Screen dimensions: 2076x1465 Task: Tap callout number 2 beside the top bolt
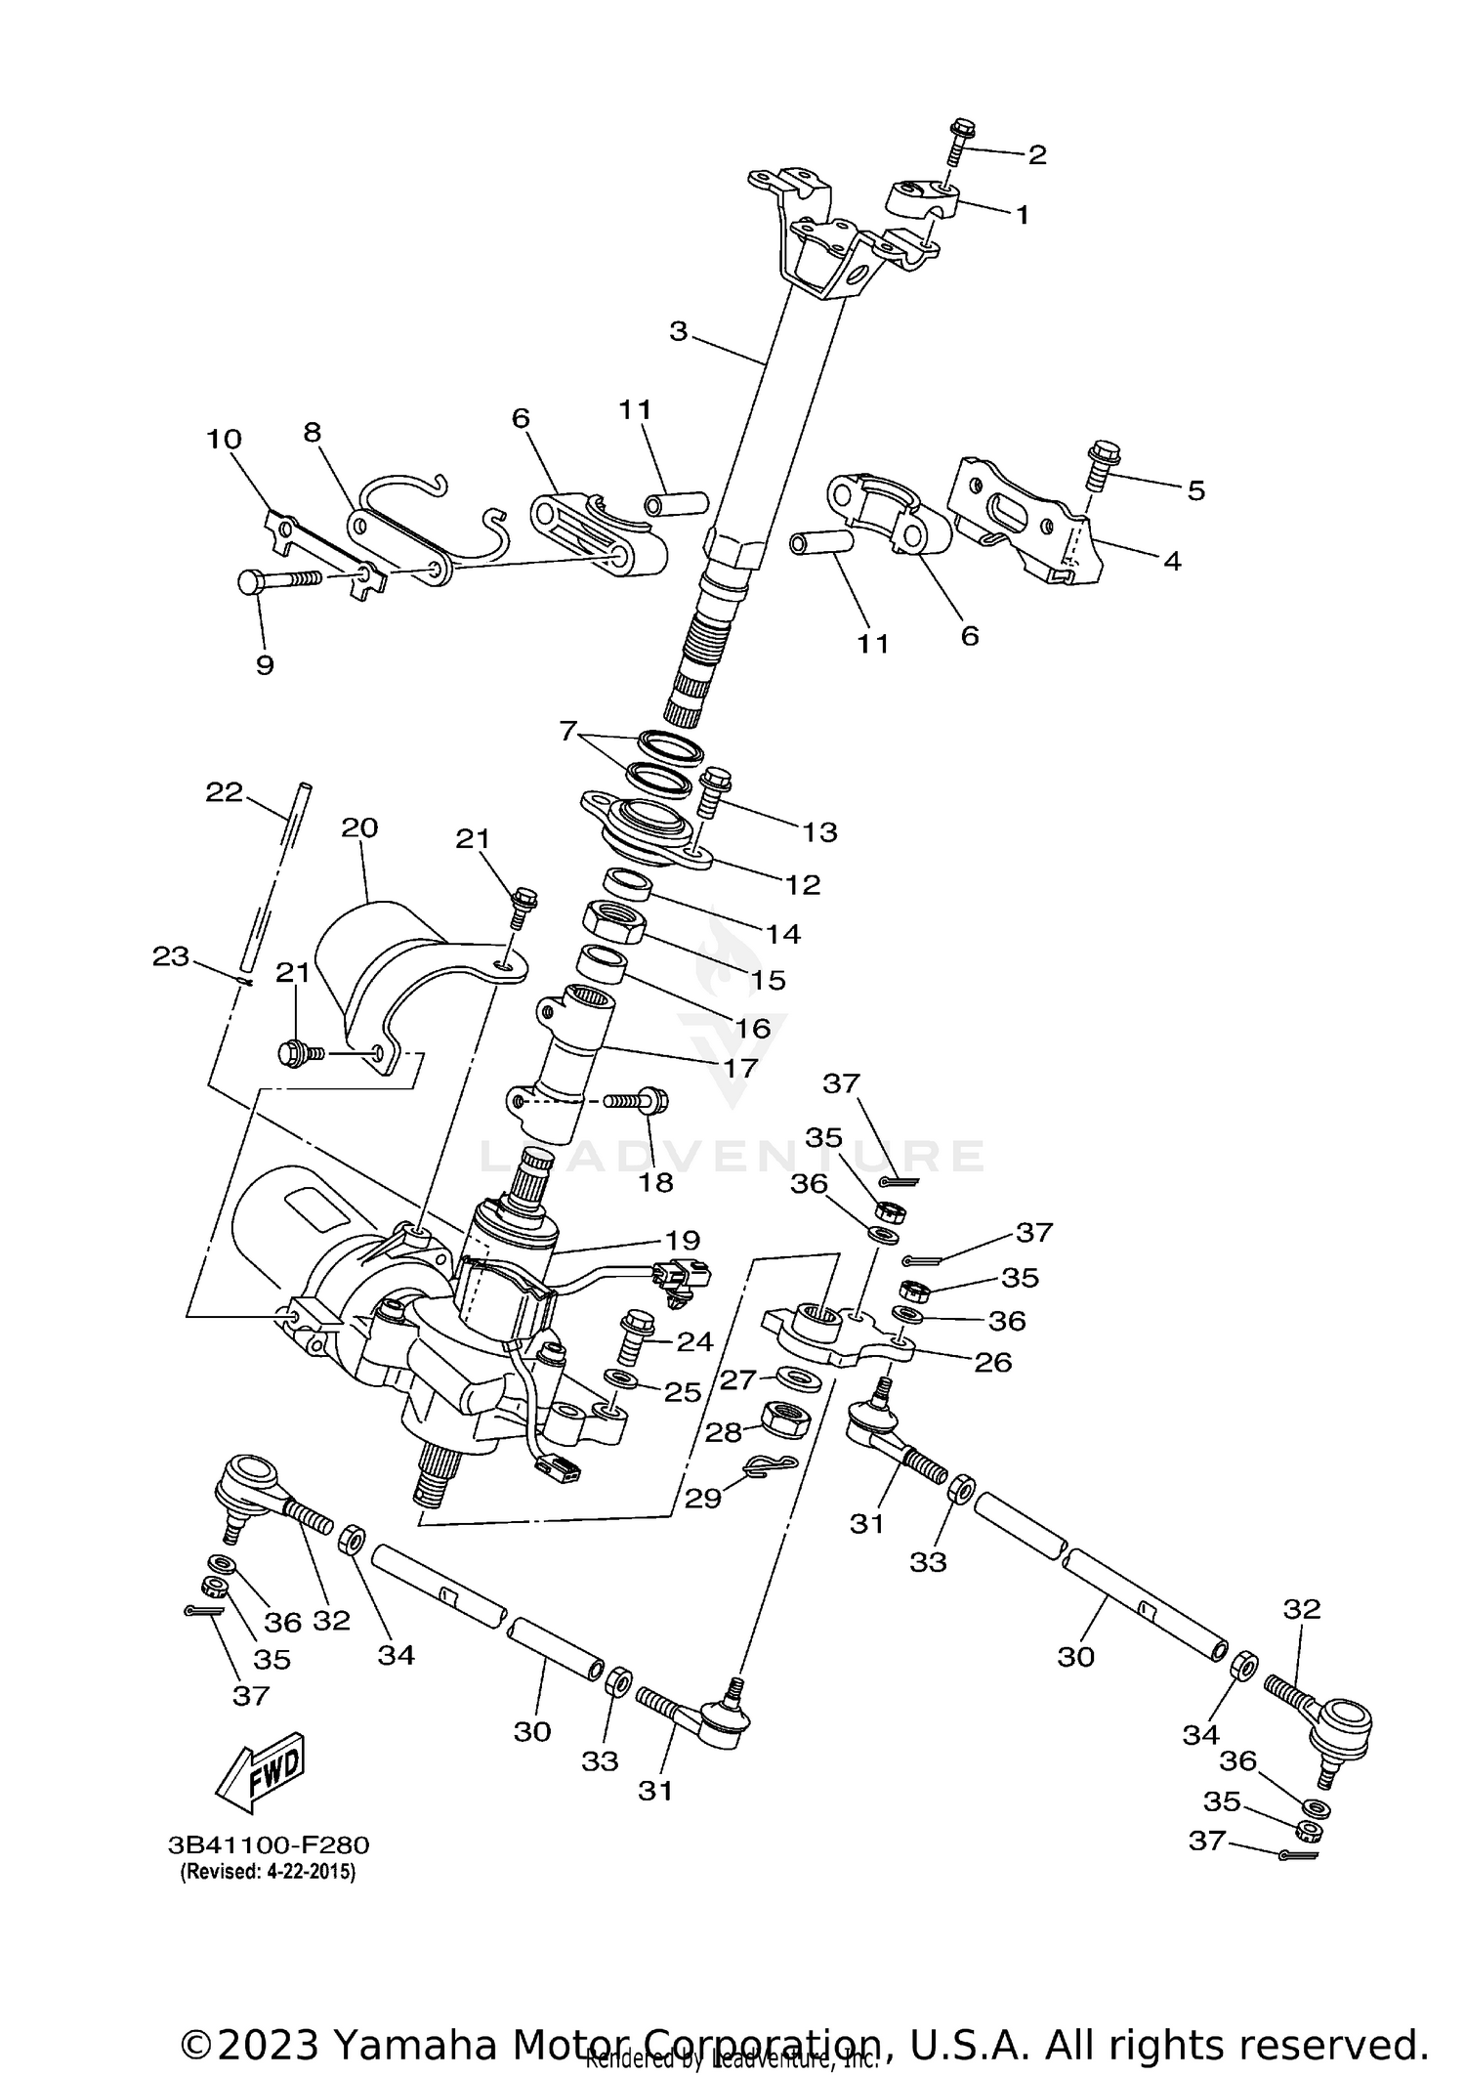[x=1035, y=154]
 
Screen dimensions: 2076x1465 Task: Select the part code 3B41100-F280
[x=269, y=1845]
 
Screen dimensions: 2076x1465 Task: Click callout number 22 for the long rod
[x=224, y=791]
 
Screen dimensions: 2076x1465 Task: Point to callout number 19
[x=683, y=1240]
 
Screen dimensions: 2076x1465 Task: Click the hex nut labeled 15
[x=613, y=922]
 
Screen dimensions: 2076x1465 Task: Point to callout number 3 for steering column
[x=679, y=331]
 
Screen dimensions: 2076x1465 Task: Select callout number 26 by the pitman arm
[x=993, y=1361]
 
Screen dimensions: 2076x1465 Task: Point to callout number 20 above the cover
[x=358, y=827]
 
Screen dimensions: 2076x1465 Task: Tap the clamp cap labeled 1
[x=923, y=199]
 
